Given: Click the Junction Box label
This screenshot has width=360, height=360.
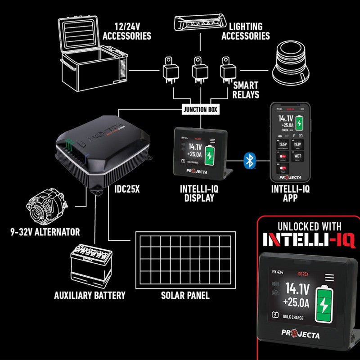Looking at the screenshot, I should [201, 109].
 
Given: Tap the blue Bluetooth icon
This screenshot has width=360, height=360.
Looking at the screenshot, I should [248, 160].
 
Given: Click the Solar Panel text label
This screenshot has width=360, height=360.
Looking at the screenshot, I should [185, 296].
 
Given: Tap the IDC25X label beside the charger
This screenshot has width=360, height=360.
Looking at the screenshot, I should [125, 189].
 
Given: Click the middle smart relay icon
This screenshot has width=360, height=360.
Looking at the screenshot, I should [199, 71].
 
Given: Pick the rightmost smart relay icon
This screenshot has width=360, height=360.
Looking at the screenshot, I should [228, 71].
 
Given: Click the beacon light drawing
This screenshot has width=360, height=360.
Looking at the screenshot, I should [292, 65].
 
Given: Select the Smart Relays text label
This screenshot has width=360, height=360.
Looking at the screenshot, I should [246, 90].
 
